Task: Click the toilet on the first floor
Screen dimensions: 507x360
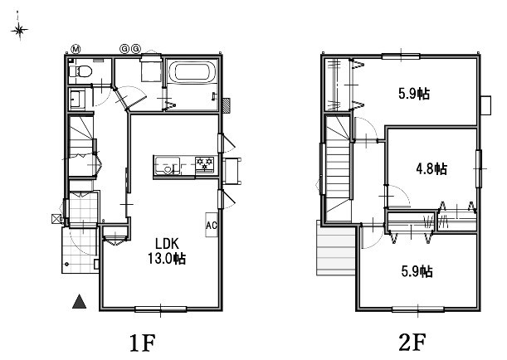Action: [x=81, y=71]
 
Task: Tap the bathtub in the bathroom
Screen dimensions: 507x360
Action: [x=193, y=72]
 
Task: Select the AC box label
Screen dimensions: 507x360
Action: [x=211, y=225]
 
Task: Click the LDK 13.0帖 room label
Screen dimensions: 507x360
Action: [x=167, y=251]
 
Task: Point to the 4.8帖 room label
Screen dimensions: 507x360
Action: [x=431, y=168]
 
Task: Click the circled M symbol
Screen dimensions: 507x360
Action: [x=76, y=49]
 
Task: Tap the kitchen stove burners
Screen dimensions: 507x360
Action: [x=205, y=164]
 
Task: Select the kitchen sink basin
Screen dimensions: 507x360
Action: [x=167, y=165]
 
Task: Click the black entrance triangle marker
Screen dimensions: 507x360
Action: [x=79, y=301]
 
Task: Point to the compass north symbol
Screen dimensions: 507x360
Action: [x=19, y=30]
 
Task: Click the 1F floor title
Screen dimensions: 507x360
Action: [x=143, y=343]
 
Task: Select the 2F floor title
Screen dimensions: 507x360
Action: [x=412, y=343]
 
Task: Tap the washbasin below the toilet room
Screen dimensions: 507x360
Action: [x=77, y=99]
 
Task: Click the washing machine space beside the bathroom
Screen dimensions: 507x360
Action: [x=151, y=69]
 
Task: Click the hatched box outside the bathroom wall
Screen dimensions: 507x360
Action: [x=227, y=105]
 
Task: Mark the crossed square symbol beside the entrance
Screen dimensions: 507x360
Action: [x=56, y=219]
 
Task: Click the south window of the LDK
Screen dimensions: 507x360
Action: [x=160, y=309]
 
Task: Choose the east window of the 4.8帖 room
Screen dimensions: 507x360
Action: [x=479, y=168]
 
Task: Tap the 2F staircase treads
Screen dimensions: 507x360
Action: [x=339, y=168]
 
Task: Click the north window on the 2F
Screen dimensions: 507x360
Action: [x=401, y=57]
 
